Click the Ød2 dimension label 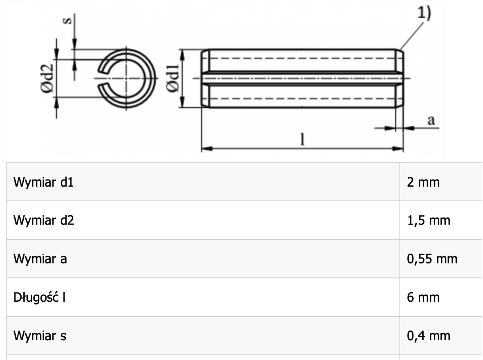click(x=47, y=78)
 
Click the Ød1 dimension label click(x=173, y=78)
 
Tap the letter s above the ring click(x=67, y=20)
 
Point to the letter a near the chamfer click(x=431, y=121)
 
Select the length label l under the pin click(x=303, y=139)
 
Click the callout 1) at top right click(x=424, y=14)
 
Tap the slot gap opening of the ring click(x=104, y=78)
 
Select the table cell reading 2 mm click(x=423, y=182)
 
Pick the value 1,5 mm click(x=428, y=221)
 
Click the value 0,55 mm click(x=432, y=259)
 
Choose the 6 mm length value click(x=423, y=297)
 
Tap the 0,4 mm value click(x=428, y=336)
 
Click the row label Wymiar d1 click(x=43, y=182)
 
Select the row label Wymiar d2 click(x=44, y=220)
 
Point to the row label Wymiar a click(x=40, y=259)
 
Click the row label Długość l click(x=39, y=297)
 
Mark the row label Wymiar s click(x=40, y=336)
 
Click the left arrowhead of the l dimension click(x=207, y=149)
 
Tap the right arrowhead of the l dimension click(x=398, y=149)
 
